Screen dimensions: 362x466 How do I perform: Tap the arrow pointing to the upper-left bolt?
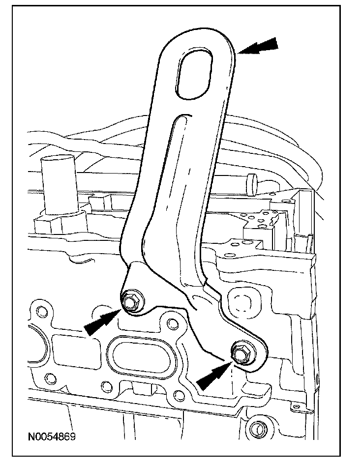click(101, 322)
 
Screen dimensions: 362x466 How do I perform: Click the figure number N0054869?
click(52, 437)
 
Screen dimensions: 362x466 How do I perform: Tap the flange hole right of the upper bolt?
click(172, 323)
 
